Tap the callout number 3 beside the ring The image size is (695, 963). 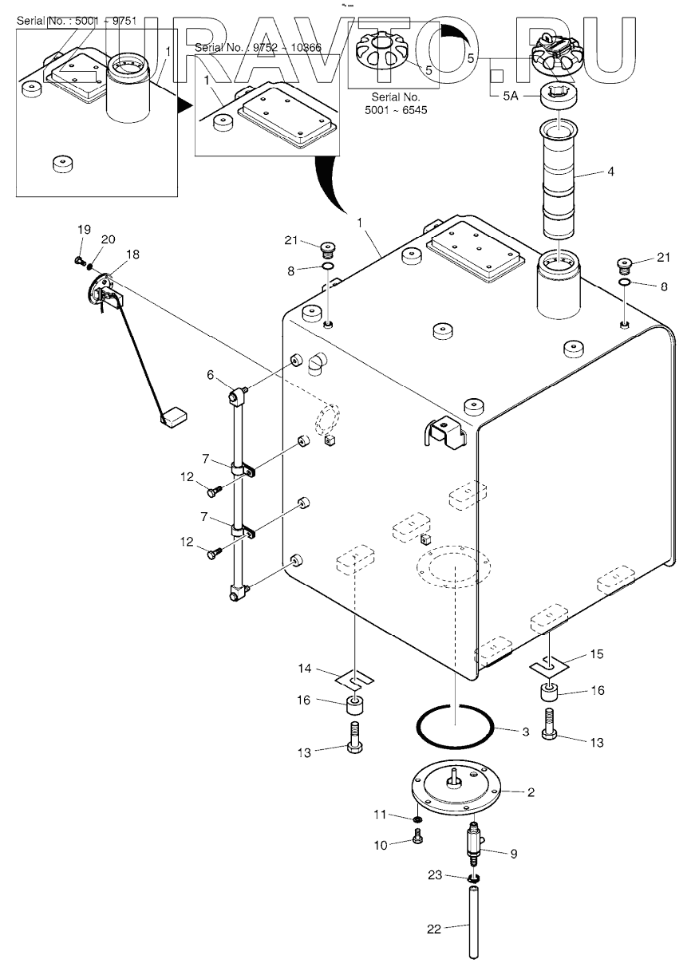526,732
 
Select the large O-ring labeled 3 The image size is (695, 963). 455,726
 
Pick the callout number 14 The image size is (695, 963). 305,669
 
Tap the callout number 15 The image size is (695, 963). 597,654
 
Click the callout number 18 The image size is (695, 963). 132,255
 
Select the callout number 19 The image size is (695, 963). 84,230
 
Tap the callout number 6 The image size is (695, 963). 210,375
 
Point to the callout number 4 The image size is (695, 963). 610,172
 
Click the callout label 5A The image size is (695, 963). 511,96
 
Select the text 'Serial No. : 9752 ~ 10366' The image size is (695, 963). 258,47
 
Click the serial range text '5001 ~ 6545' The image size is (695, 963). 396,110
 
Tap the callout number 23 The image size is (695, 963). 435,874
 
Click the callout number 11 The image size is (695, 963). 380,814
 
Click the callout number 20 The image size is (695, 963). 108,239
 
